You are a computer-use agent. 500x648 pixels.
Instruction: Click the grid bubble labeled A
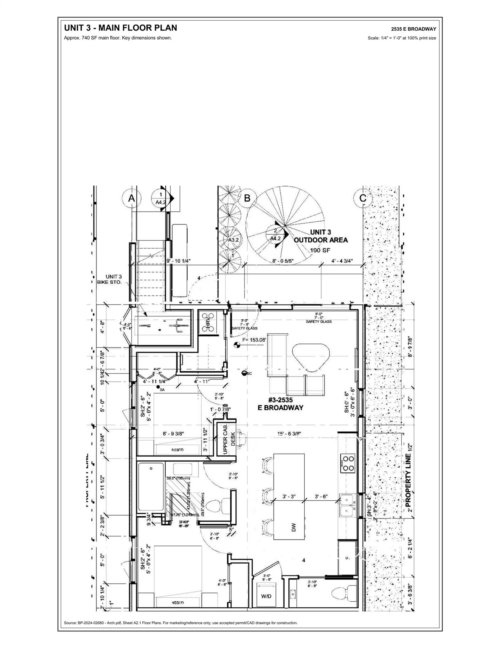(x=131, y=198)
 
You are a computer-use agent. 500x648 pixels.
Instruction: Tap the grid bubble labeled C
(x=363, y=198)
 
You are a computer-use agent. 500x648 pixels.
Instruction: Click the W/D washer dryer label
(x=266, y=596)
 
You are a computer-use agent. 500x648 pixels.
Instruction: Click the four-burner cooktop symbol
(x=347, y=463)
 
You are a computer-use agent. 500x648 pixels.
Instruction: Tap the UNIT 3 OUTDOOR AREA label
(x=321, y=236)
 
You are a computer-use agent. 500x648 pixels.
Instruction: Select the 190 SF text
(x=320, y=250)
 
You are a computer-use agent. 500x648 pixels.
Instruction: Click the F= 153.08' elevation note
(x=254, y=340)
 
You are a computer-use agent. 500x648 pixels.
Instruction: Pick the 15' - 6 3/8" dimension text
(x=289, y=433)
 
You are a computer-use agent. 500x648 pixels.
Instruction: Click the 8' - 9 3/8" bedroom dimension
(x=173, y=433)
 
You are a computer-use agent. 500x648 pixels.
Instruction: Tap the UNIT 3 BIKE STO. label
(x=110, y=280)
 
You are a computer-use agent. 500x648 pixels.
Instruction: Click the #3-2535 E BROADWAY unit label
(x=280, y=403)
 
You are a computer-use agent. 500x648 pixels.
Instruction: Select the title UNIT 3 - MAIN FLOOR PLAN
(x=121, y=28)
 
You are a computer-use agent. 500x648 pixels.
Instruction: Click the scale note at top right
(x=402, y=38)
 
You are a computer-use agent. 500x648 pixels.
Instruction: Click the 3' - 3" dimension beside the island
(x=289, y=496)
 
